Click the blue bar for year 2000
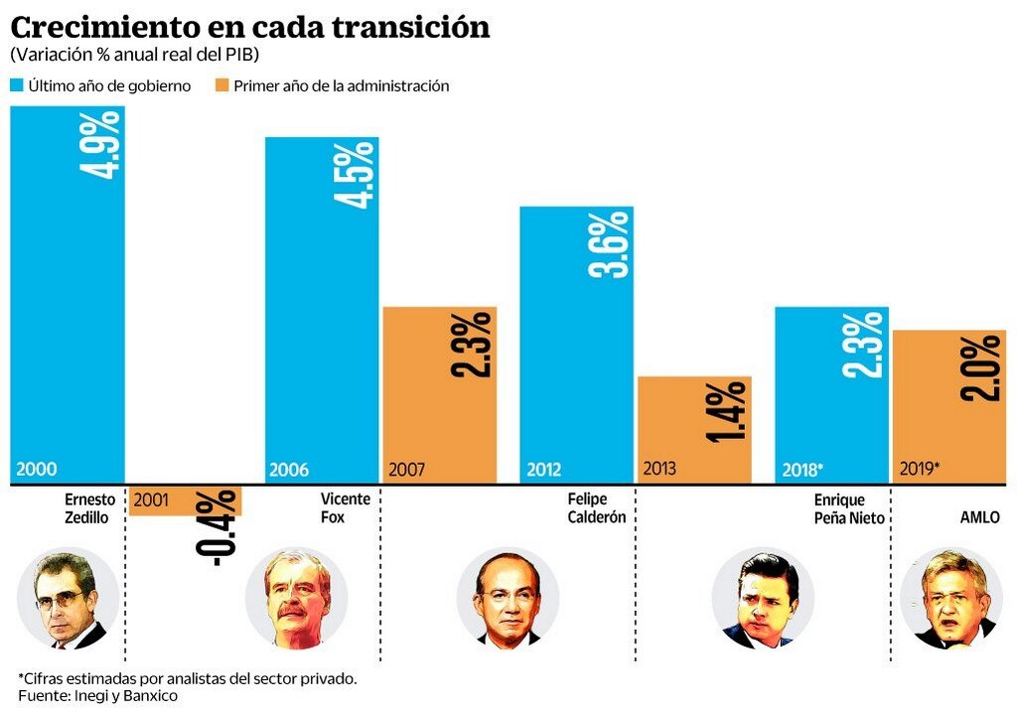click(68, 298)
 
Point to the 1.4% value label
click(729, 411)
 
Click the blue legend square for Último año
click(17, 86)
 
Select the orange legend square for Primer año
click(222, 86)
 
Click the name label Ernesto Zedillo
click(90, 507)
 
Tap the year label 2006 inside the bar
click(289, 470)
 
